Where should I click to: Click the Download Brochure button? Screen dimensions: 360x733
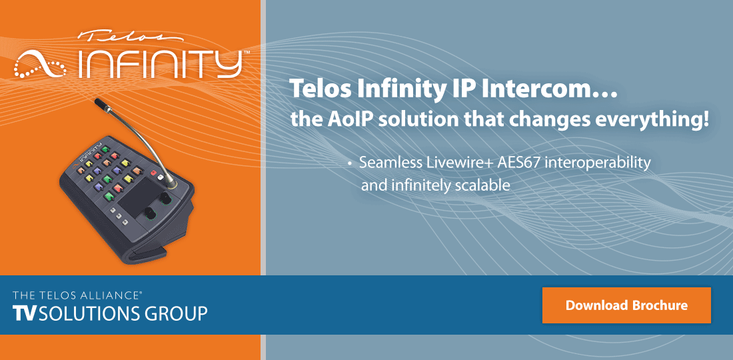click(626, 305)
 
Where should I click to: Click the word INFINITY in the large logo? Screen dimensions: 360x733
click(160, 63)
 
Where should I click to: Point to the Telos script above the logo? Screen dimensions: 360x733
click(117, 37)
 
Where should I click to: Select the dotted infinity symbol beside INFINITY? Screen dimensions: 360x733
click(42, 65)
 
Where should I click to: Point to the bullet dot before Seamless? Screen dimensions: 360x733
click(350, 164)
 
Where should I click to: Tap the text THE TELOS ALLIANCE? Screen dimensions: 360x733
click(77, 294)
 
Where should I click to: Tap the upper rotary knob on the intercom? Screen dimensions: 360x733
click(163, 200)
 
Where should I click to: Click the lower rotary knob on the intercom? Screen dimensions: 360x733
click(150, 213)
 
